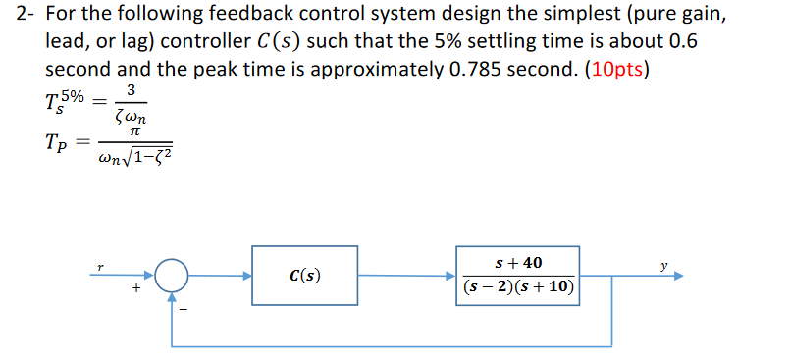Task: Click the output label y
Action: [664, 264]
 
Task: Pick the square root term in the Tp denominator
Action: [145, 154]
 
